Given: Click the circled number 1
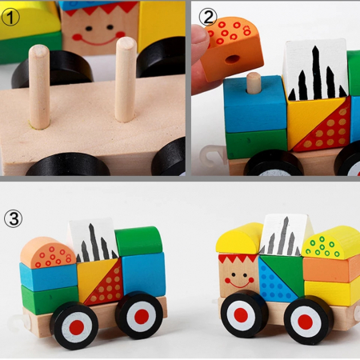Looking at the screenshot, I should click(13, 14).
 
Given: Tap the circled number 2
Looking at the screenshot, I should click(207, 16).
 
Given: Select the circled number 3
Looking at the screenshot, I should click(14, 218).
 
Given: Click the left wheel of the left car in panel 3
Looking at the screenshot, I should click(74, 325).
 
